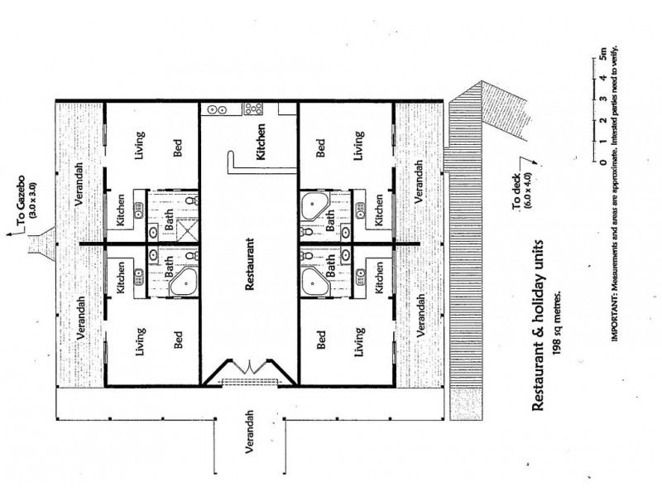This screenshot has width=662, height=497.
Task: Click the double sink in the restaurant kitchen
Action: click(x=218, y=109)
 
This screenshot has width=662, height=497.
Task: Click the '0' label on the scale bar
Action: click(x=604, y=162)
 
